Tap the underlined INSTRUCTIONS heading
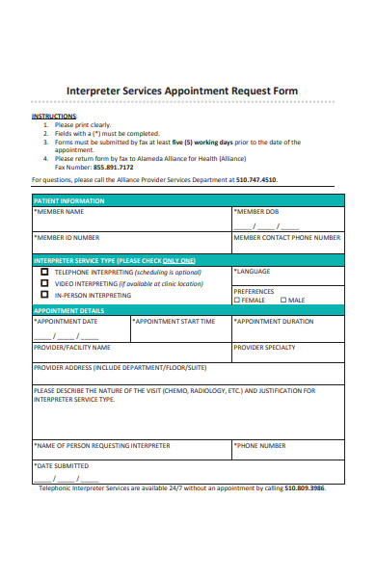pyautogui.click(x=53, y=116)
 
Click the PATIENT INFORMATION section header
pyautogui.click(x=69, y=200)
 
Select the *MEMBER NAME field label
pyautogui.click(x=59, y=211)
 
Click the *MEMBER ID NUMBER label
pyautogui.click(x=67, y=236)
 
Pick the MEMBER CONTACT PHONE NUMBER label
pyautogui.click(x=286, y=236)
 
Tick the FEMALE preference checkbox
pyautogui.click(x=236, y=300)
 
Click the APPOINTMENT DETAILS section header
pyautogui.click(x=68, y=310)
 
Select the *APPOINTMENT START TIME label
pyautogui.click(x=174, y=321)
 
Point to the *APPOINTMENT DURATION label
pyautogui.click(x=274, y=321)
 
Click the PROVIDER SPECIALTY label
pyautogui.click(x=264, y=347)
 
